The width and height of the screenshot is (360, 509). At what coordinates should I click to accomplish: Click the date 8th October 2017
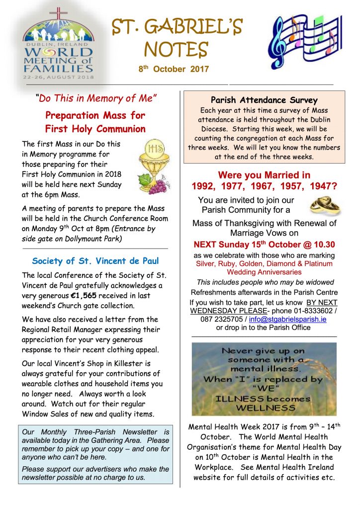click(174, 70)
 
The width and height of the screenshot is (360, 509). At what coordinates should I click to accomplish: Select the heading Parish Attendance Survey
click(264, 101)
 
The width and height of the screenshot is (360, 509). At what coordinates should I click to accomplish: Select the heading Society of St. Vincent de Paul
click(95, 260)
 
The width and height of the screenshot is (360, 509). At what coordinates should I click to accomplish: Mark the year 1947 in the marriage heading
click(318, 186)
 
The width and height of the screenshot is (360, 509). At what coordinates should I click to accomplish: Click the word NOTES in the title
click(176, 49)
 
